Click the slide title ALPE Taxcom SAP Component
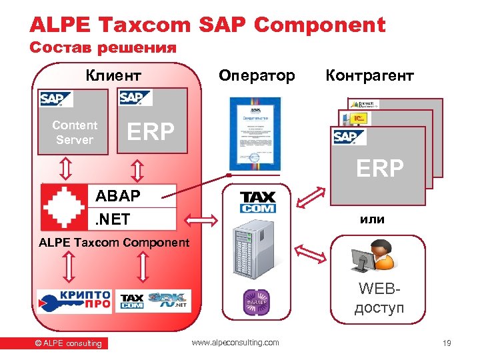[207, 25]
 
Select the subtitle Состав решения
[103, 48]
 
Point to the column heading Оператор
[257, 75]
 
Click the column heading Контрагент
[369, 75]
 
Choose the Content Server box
[75, 132]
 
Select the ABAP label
[118, 195]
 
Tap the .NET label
[113, 219]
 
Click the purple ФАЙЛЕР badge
[257, 301]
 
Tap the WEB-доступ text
[380, 299]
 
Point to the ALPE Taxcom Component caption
[114, 243]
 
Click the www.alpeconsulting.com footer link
[235, 343]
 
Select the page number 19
[447, 343]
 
